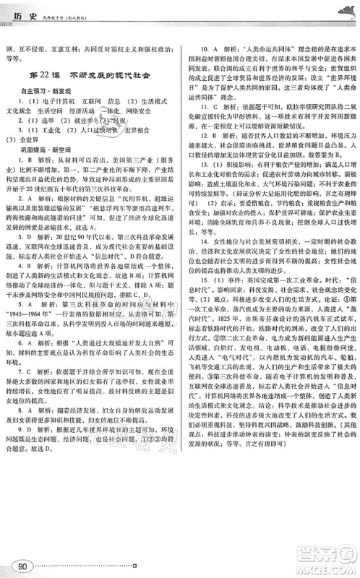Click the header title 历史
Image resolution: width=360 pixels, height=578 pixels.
[28, 9]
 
